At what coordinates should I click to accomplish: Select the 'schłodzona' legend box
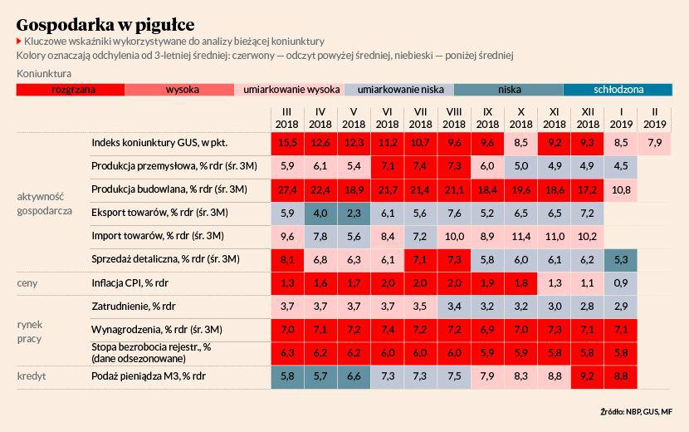(618, 90)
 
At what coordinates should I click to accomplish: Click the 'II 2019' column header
(655, 118)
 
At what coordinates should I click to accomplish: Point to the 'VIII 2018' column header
(454, 118)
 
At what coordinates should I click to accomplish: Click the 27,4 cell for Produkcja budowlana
(287, 190)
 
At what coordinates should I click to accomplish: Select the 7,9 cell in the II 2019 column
(655, 143)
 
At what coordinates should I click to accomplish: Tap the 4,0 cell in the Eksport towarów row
(320, 214)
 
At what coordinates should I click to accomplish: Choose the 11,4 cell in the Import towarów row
(520, 237)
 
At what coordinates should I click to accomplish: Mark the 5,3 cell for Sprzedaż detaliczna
(621, 260)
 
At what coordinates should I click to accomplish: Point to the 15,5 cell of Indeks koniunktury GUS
(287, 143)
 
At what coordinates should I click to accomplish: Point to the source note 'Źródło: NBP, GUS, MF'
(635, 412)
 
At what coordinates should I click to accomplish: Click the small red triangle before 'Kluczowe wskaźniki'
(19, 41)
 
